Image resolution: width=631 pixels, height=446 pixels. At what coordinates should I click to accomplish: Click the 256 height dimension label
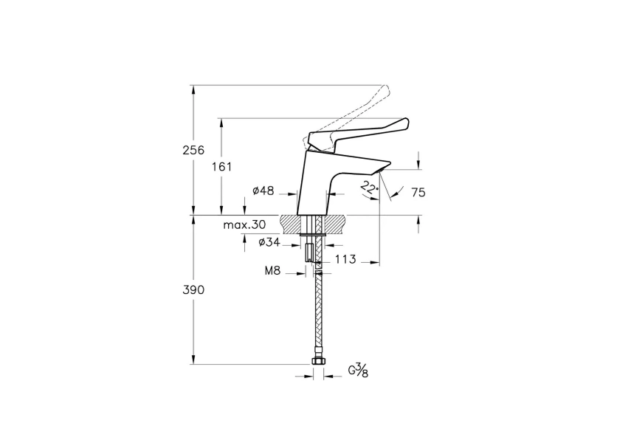click(194, 150)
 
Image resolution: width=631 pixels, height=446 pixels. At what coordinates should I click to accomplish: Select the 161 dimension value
click(221, 167)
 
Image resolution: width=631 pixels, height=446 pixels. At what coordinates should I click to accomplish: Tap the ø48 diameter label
click(263, 191)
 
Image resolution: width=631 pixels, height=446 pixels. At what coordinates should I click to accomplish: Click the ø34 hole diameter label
click(269, 242)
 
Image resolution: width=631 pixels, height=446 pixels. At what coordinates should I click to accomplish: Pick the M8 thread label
click(273, 271)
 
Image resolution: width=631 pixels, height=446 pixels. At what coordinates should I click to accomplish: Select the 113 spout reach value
click(345, 259)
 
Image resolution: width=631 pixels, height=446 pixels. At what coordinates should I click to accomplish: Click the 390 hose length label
click(194, 290)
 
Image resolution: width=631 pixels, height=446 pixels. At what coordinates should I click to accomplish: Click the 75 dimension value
click(418, 193)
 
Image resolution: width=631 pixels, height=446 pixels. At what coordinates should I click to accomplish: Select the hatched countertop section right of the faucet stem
click(336, 223)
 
